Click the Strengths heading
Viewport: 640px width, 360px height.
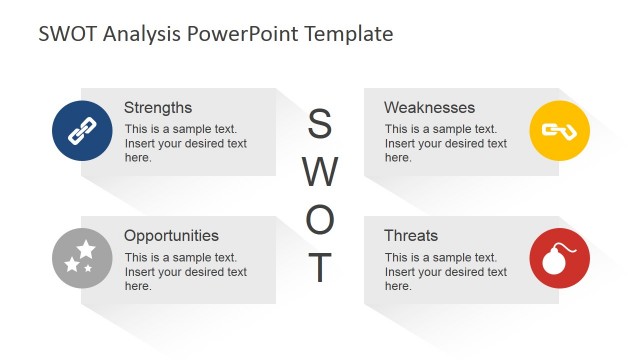(x=158, y=107)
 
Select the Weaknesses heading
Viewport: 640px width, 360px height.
(x=429, y=107)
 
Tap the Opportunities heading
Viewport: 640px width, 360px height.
(x=171, y=236)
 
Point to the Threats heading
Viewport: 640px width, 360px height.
(x=411, y=236)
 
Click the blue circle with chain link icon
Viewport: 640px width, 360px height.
(x=81, y=131)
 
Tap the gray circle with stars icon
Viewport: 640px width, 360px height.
(x=81, y=259)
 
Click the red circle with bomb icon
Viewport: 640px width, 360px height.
(x=559, y=259)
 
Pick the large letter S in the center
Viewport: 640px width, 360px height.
(x=319, y=125)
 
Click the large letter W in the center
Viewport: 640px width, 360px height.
(x=319, y=172)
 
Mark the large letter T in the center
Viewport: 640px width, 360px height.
(x=319, y=267)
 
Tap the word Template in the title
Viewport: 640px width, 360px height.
(x=341, y=34)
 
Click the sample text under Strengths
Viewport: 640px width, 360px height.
(x=185, y=143)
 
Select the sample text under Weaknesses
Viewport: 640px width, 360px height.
(x=445, y=143)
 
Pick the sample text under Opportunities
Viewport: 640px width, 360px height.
(x=185, y=272)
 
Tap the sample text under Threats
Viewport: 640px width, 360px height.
(x=445, y=272)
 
